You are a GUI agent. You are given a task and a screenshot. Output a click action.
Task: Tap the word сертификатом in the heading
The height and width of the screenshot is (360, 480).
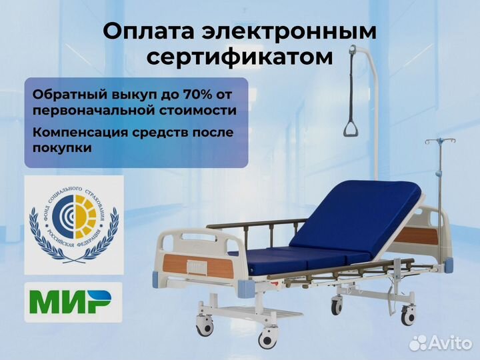point(239,57)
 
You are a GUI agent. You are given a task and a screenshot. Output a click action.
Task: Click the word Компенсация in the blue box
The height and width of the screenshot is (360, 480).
point(79,132)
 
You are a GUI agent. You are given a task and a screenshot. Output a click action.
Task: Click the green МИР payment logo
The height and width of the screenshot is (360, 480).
point(73,302)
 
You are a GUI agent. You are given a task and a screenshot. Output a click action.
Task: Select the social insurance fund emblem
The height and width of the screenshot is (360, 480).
point(73,224)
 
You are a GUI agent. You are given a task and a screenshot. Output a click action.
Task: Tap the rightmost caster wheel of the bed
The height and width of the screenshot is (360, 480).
point(409,313)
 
